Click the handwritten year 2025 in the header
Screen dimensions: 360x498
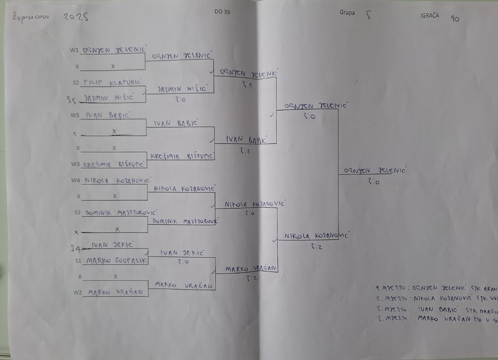[x=76, y=17]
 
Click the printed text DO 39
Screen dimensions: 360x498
[x=222, y=12]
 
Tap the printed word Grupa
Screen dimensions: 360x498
[x=347, y=13]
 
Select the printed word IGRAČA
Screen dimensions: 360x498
[x=430, y=15]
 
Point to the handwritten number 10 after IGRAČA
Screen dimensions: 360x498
[x=455, y=19]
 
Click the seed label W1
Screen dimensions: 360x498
[x=74, y=50]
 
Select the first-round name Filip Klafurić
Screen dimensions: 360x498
[x=112, y=83]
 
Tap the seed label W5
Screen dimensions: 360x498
[x=75, y=115]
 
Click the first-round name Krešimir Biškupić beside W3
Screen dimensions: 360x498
[x=114, y=164]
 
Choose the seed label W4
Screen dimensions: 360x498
[x=75, y=181]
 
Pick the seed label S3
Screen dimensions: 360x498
[x=77, y=213]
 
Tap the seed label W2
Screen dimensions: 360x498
[x=77, y=293]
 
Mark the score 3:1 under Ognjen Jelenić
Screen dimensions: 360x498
[x=247, y=85]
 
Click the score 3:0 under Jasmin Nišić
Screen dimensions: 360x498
[x=181, y=99]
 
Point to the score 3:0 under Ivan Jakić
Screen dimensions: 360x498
[x=183, y=262]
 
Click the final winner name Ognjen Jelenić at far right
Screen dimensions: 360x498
[x=374, y=170]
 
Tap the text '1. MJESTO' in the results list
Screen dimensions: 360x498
[x=390, y=288]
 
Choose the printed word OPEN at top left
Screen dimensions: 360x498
[x=42, y=17]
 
